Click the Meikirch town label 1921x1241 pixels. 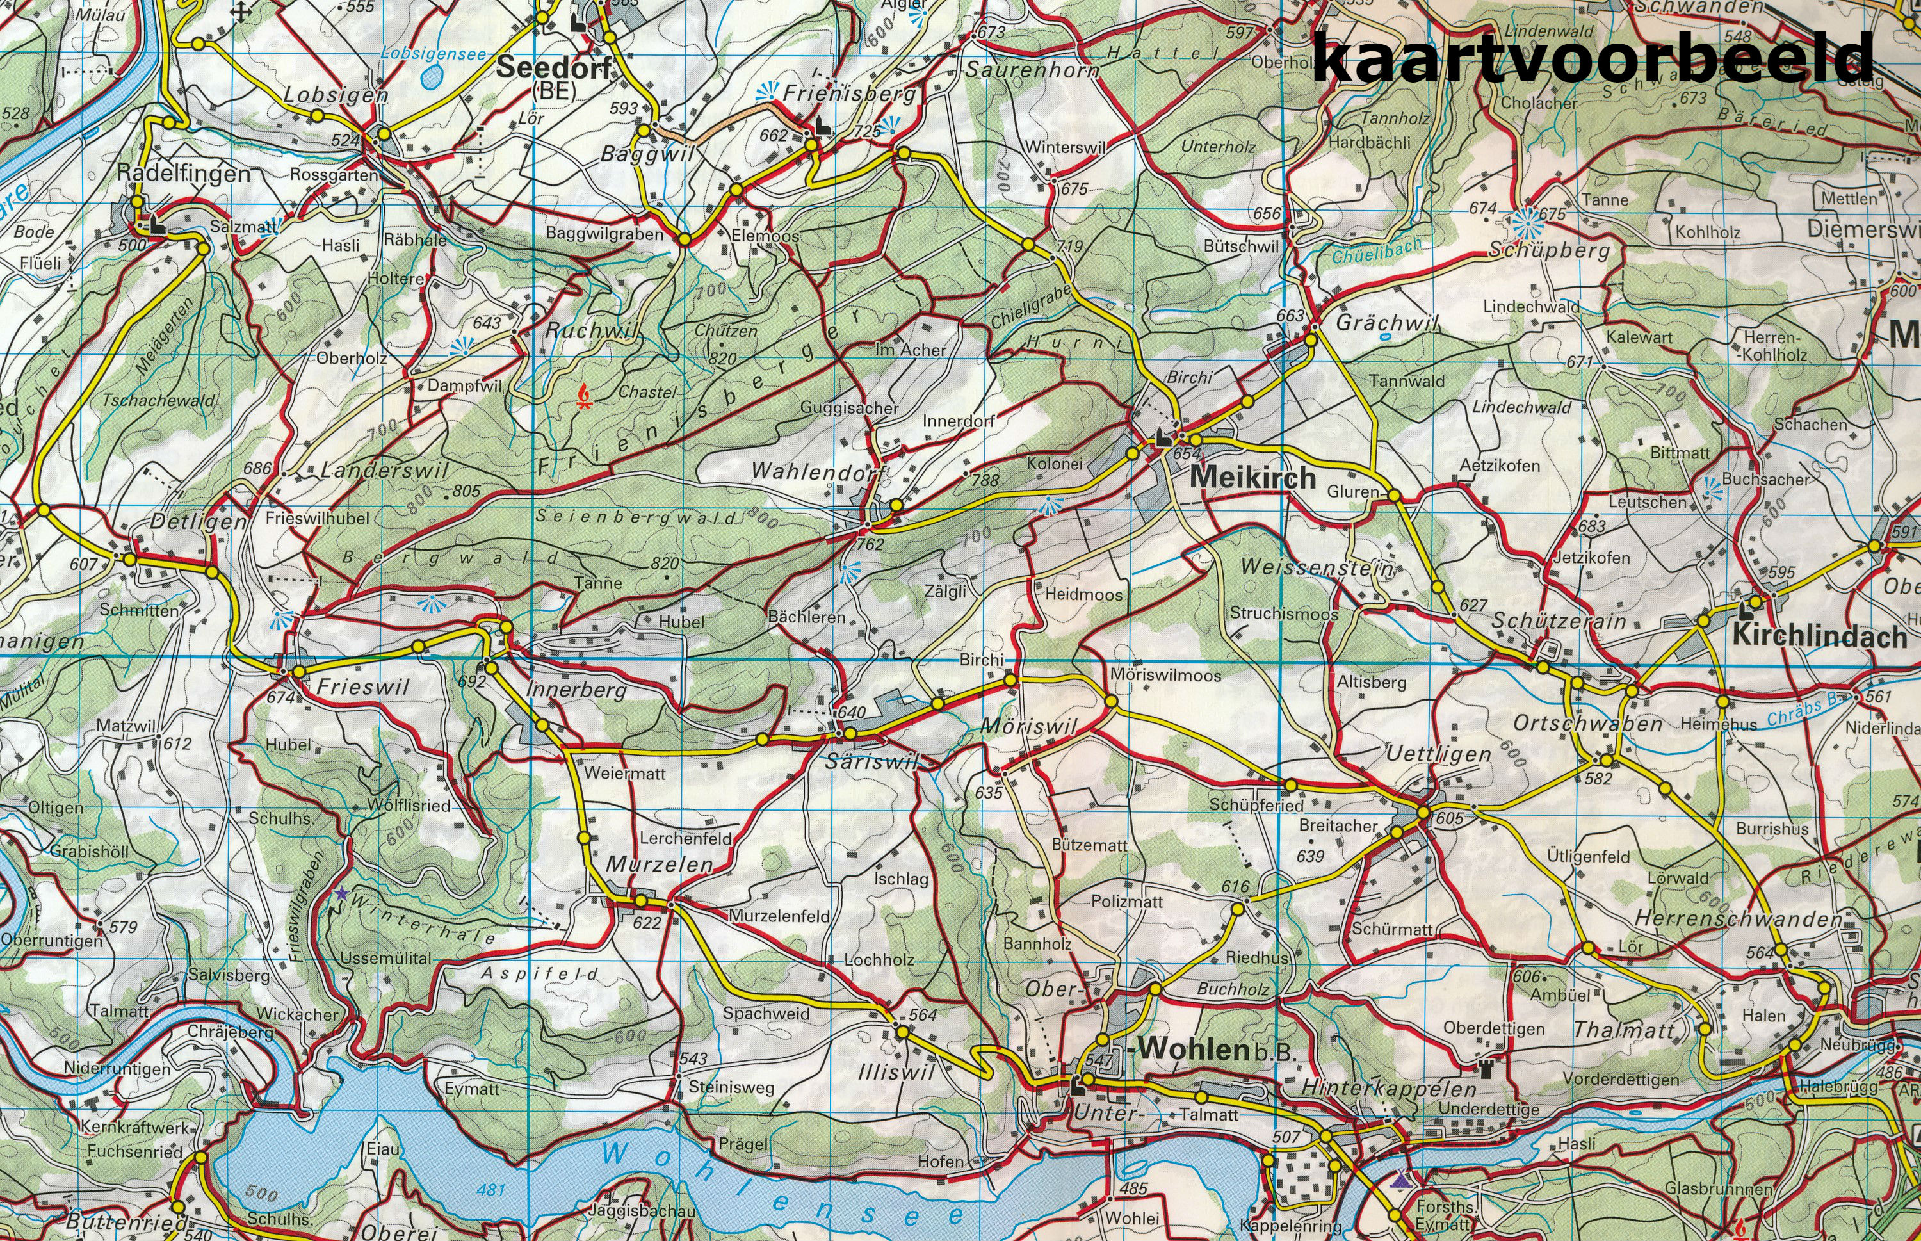click(1252, 477)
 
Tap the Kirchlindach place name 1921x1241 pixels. click(1819, 636)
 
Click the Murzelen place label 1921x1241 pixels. click(658, 864)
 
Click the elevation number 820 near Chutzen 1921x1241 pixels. click(722, 359)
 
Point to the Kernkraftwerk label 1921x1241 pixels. click(138, 1128)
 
